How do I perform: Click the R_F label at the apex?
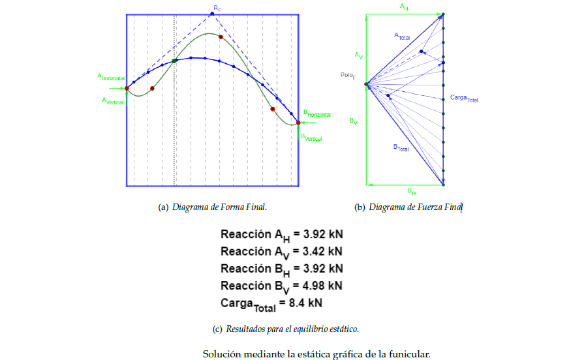coord(217,7)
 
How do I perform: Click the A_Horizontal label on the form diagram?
coord(111,77)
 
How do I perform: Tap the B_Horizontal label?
coord(316,114)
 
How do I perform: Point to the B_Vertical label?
coord(311,137)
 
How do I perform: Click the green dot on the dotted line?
coord(174,61)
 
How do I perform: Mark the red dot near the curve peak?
coord(221,37)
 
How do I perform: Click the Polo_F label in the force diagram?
coord(348,76)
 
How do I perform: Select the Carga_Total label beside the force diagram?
coord(464,98)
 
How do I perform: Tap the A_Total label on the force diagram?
coord(402,37)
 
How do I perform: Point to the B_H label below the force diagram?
coord(412,192)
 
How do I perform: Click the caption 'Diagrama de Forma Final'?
coord(219,207)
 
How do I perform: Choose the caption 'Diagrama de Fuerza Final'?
coord(415,207)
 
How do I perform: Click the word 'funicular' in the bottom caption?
coord(409,354)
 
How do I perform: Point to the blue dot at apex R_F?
coord(212,14)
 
